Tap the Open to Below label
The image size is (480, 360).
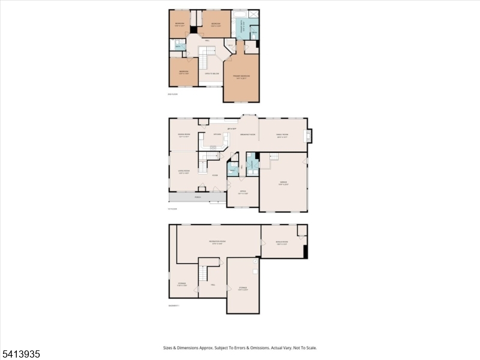(211, 73)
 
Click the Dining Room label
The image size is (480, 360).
(184, 135)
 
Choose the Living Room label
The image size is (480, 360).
(184, 172)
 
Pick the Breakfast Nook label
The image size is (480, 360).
(248, 135)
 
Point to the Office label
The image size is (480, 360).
(242, 192)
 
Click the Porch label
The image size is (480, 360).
(197, 197)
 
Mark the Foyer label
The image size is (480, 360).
(214, 175)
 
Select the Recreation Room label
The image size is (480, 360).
(218, 242)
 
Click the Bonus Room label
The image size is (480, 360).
(281, 243)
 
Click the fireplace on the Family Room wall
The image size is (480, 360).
(308, 136)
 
